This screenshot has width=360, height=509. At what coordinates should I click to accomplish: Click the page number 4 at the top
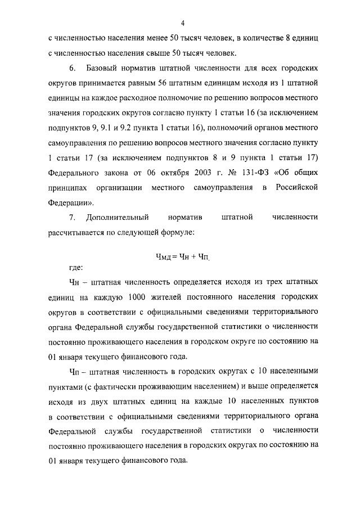point(183,23)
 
